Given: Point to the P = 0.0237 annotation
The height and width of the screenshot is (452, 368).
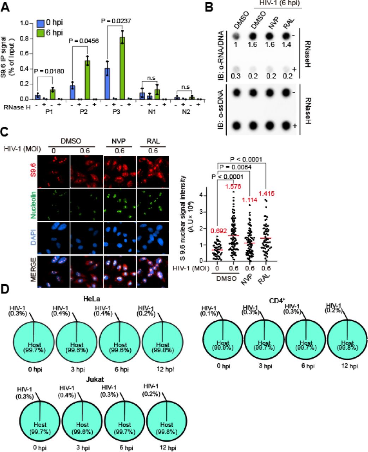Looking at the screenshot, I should pyautogui.click(x=116, y=21).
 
